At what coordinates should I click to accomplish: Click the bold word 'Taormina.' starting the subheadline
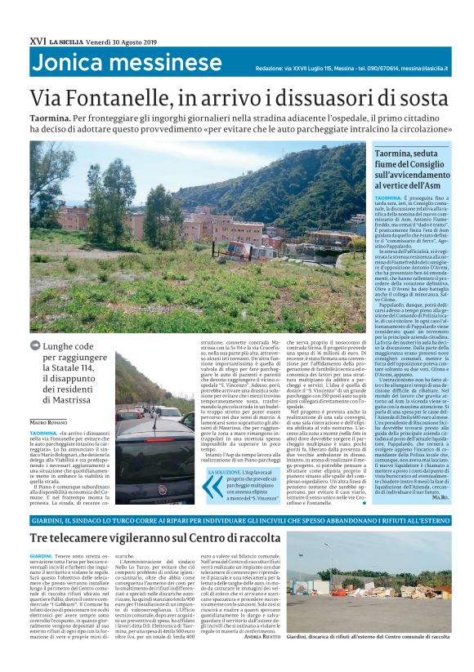click(54, 119)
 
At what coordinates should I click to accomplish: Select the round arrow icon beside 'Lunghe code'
click(36, 345)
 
